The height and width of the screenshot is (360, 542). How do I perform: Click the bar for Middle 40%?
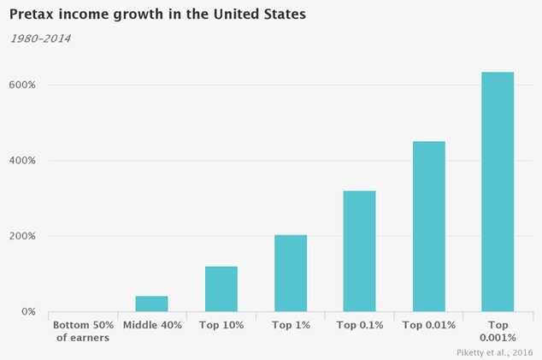coord(151,304)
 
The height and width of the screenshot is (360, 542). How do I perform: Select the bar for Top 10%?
coord(221,289)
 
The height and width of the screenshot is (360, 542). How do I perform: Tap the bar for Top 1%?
coord(290,273)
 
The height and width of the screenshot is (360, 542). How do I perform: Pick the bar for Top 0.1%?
coord(359,251)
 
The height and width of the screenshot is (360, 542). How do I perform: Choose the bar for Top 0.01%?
coord(428,227)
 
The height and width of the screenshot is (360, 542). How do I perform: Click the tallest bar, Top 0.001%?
coord(498,192)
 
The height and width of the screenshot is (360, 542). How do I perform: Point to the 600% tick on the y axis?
coord(22,86)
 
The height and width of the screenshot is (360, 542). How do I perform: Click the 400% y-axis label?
coord(22,161)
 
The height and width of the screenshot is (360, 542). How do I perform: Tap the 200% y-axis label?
coord(22,236)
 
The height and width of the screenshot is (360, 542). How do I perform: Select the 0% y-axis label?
coord(27,312)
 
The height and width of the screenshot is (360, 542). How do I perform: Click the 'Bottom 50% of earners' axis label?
coord(82,331)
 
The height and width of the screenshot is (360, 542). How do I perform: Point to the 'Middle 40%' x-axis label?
coord(151,325)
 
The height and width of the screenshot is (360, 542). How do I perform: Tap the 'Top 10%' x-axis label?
coord(221,325)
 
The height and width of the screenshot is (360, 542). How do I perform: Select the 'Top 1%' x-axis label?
coord(290,325)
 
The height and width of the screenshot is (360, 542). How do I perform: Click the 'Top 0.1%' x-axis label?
coord(359,325)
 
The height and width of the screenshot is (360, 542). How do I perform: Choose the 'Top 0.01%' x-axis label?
coord(428,325)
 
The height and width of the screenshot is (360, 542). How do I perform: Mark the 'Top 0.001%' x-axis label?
coord(498,331)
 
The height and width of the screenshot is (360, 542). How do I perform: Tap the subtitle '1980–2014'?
coord(39,38)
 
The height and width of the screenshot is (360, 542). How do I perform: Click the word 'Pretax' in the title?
coord(31,15)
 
